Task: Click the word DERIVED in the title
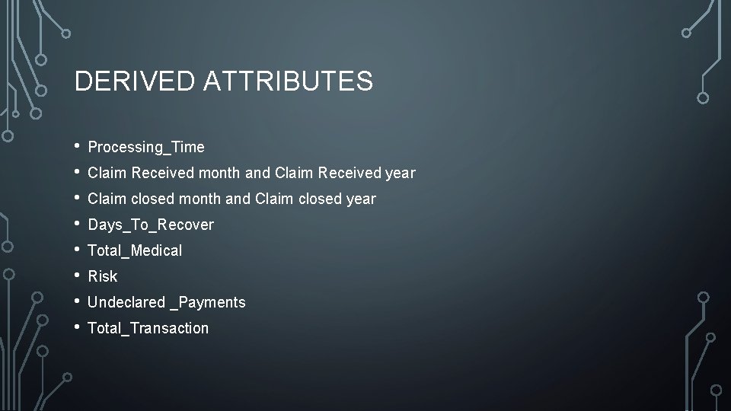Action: [135, 81]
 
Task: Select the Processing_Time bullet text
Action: [146, 147]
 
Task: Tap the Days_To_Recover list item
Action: [151, 225]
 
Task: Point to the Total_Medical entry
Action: [135, 250]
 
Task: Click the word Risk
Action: [103, 276]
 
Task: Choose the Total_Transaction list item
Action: [148, 328]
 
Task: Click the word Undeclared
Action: [126, 302]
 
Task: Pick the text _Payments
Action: [207, 302]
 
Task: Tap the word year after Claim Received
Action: [401, 173]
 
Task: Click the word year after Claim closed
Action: [361, 199]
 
